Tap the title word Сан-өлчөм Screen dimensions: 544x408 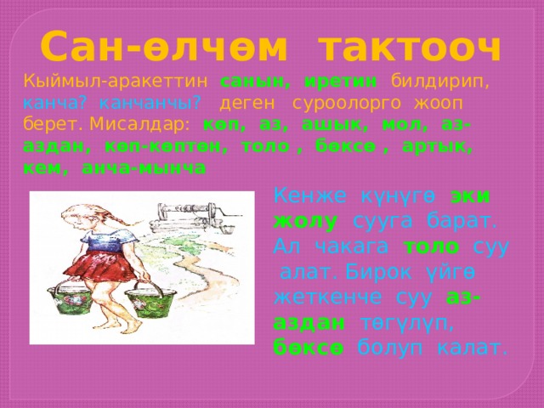[x=163, y=46]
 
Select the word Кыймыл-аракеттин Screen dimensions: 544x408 [x=116, y=82]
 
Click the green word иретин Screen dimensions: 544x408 [x=340, y=82]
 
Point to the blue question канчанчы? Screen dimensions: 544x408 [x=150, y=103]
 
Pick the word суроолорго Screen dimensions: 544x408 [x=346, y=104]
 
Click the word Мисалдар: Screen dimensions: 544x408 [x=139, y=125]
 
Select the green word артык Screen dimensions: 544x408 [x=437, y=147]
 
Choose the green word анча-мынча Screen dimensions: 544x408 [x=144, y=168]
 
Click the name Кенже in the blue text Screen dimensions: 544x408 [x=309, y=196]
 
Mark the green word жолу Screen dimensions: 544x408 [x=305, y=221]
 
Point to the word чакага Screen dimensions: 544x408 [x=352, y=247]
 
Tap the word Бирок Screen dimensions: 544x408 [x=378, y=273]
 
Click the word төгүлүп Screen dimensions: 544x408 [x=406, y=323]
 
